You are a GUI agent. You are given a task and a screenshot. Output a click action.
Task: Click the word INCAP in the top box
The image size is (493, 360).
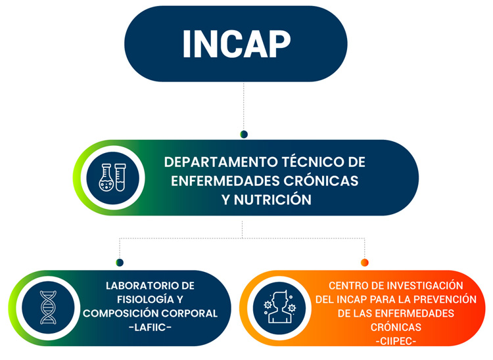coord(237,43)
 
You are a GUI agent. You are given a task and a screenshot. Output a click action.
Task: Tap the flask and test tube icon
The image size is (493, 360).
coord(112,177)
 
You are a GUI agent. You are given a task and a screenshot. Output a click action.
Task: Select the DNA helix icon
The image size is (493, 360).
coord(48,307)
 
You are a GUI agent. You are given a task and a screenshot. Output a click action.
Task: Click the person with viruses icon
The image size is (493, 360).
coord(279,307)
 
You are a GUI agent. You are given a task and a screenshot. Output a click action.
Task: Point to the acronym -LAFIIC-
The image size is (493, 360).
coord(150,327)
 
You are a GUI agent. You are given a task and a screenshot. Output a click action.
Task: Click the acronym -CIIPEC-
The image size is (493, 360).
coord(396,341)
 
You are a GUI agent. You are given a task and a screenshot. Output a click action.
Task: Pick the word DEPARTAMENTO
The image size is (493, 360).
coord(221,162)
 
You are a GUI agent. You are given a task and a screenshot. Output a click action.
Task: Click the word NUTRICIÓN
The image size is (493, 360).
coord(273,199)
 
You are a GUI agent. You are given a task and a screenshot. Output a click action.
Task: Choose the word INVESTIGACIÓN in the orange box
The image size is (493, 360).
coord(425,285)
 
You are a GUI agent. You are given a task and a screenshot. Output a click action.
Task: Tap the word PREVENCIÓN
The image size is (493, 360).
coord(445,299)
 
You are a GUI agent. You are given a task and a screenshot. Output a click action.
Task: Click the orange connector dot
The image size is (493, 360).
coord(364,262)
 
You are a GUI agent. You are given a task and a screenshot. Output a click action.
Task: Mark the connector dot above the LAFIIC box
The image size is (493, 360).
coord(120,262)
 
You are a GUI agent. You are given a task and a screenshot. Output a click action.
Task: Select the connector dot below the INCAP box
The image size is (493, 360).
coord(244,134)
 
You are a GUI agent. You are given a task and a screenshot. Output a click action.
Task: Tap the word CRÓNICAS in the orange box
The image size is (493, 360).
coord(396,327)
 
